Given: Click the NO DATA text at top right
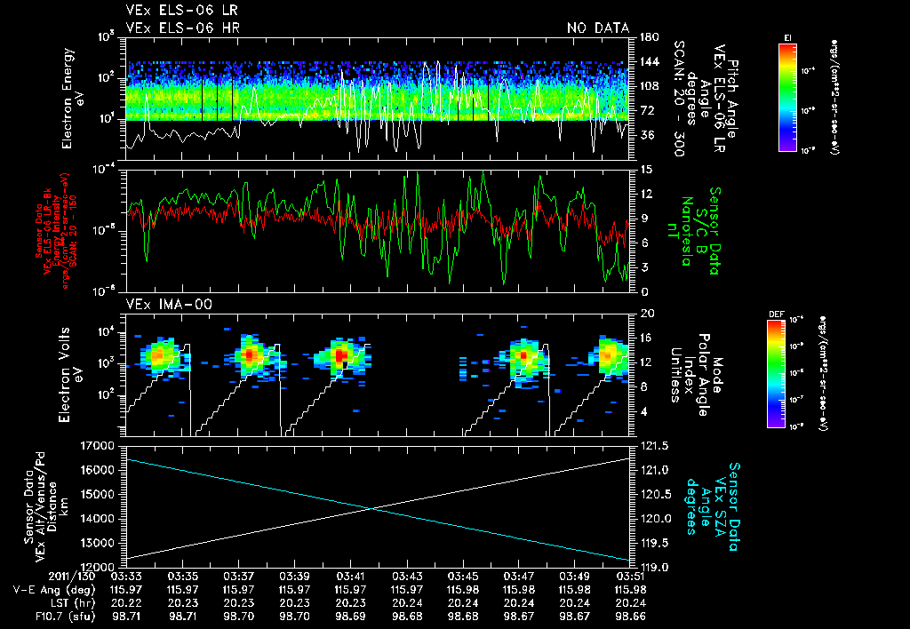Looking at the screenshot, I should (597, 28).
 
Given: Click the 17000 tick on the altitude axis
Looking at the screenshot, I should (100, 445).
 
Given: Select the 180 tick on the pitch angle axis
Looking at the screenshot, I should (646, 36).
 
